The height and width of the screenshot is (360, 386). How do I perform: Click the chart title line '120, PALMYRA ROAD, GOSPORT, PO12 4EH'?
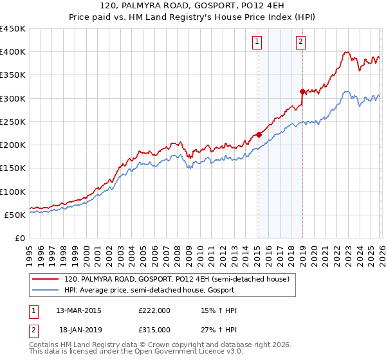click(x=193, y=6)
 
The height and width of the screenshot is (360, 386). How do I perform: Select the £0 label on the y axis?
click(x=20, y=239)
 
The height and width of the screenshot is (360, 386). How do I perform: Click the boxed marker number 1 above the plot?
click(x=257, y=42)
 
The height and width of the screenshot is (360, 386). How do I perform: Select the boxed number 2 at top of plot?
click(x=300, y=42)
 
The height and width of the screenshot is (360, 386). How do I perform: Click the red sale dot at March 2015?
click(x=259, y=134)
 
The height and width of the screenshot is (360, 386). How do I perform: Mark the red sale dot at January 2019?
click(x=302, y=91)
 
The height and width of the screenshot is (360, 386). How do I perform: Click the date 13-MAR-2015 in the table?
click(x=79, y=310)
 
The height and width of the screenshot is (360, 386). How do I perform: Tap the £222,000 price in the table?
click(x=154, y=310)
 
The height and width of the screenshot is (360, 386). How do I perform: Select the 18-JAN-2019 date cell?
click(x=78, y=329)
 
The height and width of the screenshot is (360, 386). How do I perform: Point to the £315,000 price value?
click(x=154, y=329)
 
